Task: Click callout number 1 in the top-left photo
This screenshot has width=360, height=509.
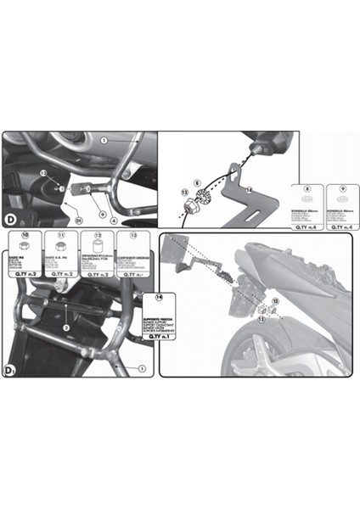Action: (104, 139)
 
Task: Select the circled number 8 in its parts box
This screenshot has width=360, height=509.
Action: (295, 186)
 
